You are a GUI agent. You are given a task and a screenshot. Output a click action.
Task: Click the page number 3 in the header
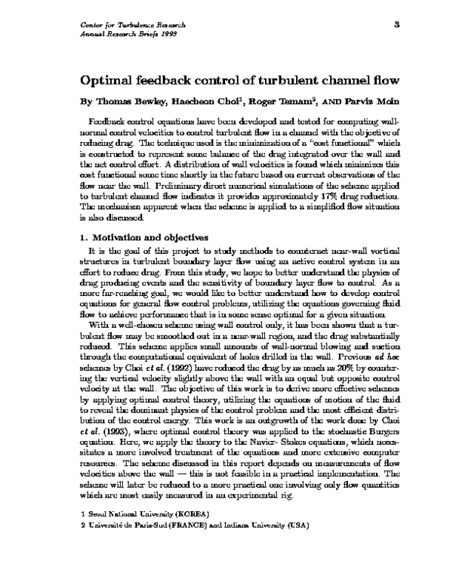(396, 26)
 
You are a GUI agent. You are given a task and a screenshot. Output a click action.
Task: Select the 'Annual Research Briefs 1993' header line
(122, 35)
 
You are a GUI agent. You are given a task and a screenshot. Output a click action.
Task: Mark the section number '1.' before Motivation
(84, 236)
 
